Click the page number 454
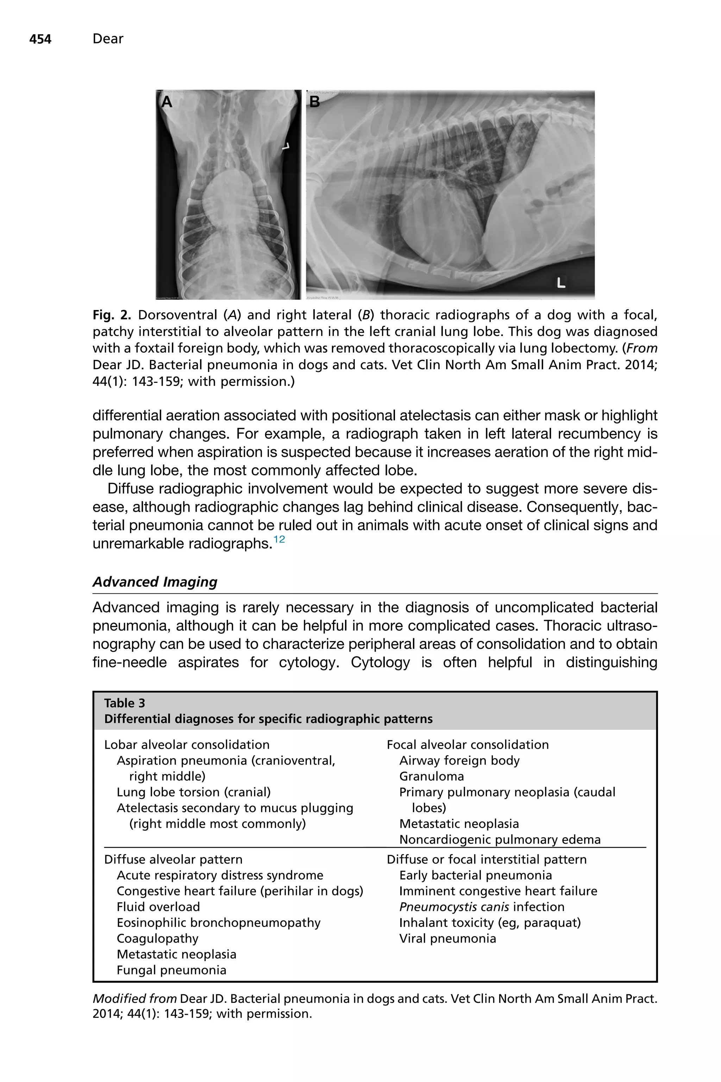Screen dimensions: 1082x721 [40, 39]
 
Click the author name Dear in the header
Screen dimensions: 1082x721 [108, 39]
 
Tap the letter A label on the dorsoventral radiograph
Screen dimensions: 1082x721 [167, 102]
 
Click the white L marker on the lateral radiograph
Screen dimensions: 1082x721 [561, 282]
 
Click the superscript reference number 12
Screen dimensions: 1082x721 [279, 539]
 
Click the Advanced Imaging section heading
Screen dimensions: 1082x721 [155, 582]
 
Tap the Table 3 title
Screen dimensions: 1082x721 [125, 703]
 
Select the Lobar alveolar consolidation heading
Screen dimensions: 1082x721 [187, 745]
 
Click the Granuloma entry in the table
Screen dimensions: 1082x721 [431, 777]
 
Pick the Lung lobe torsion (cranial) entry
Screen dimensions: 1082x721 [194, 792]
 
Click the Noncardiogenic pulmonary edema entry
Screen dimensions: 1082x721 [500, 840]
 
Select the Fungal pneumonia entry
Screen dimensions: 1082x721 [171, 970]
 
